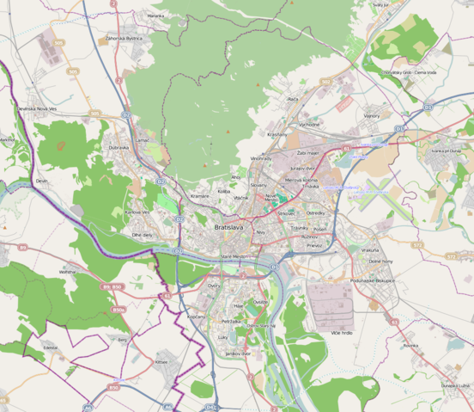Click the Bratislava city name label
pyautogui.click(x=228, y=227)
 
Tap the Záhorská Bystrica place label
pyautogui.click(x=124, y=39)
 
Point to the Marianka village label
pyautogui.click(x=155, y=15)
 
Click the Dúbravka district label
pyautogui.click(x=118, y=147)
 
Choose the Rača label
pyautogui.click(x=293, y=99)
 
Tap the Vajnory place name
pyautogui.click(x=372, y=115)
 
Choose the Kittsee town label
pyautogui.click(x=161, y=362)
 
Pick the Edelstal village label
pyautogui.click(x=51, y=347)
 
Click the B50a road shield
pyautogui.click(x=118, y=310)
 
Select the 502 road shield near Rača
pyautogui.click(x=327, y=83)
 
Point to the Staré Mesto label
pyautogui.click(x=234, y=256)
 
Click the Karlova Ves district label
pyautogui.click(x=137, y=212)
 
